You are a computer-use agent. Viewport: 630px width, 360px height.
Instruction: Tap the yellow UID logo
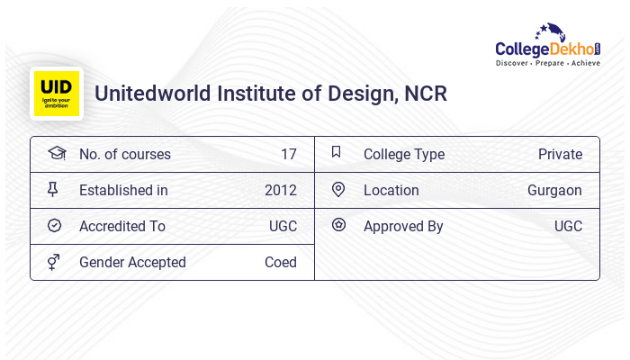click(x=57, y=94)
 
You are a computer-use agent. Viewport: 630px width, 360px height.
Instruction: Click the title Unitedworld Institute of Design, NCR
click(x=271, y=94)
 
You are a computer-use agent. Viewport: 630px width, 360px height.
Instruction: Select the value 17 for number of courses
click(x=288, y=154)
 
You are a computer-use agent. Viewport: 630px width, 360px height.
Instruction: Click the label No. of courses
click(x=124, y=154)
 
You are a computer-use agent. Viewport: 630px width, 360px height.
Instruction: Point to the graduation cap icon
click(x=56, y=153)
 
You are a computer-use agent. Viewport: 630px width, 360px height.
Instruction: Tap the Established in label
click(x=123, y=190)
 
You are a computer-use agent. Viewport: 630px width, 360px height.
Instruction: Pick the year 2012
click(x=280, y=190)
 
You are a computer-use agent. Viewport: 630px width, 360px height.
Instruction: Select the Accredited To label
click(x=122, y=226)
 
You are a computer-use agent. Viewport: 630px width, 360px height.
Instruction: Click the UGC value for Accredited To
click(x=283, y=226)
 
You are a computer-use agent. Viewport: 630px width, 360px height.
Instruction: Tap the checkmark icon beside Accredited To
click(x=55, y=226)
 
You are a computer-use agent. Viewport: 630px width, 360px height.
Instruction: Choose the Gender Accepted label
click(x=132, y=262)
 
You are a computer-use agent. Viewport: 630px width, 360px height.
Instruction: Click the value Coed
click(x=280, y=262)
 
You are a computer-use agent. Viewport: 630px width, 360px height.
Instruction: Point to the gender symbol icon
click(x=55, y=262)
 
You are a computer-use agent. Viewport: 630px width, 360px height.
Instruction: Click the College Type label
click(x=404, y=154)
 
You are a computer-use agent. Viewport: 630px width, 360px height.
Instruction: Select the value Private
click(x=560, y=154)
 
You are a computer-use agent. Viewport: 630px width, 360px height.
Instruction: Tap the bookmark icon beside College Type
click(x=337, y=152)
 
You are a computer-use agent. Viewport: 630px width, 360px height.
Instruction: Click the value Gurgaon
click(x=554, y=190)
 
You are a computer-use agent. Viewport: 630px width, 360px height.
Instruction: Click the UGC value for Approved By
click(x=568, y=226)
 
